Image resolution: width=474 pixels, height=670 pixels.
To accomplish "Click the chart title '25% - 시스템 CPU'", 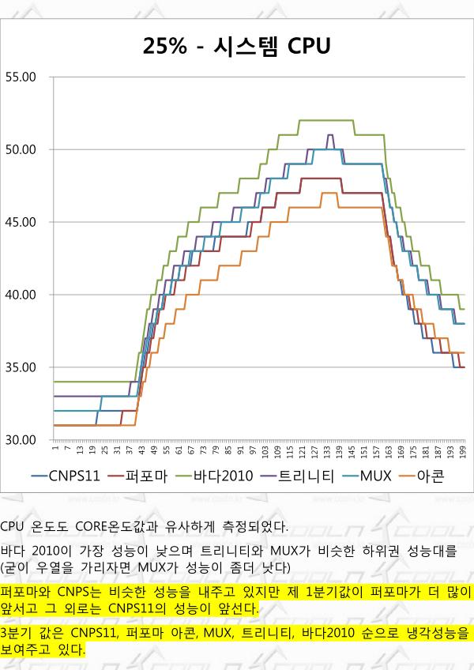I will coord(235,45).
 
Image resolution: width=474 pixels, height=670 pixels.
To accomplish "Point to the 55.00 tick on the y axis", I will coord(21,77).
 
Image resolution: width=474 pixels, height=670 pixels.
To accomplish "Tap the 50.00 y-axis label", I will coord(21,149).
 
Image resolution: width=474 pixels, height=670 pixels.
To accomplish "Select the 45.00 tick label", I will coord(21,222).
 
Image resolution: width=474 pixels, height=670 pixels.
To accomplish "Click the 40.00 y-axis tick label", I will coord(21,295).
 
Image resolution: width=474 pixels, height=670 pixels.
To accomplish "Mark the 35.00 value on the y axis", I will coord(21,367).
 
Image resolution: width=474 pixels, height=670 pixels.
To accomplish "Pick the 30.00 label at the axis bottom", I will coord(21,440).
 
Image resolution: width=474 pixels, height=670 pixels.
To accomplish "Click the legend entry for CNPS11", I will coord(73,476).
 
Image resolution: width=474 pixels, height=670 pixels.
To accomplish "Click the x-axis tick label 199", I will coord(463,450).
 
